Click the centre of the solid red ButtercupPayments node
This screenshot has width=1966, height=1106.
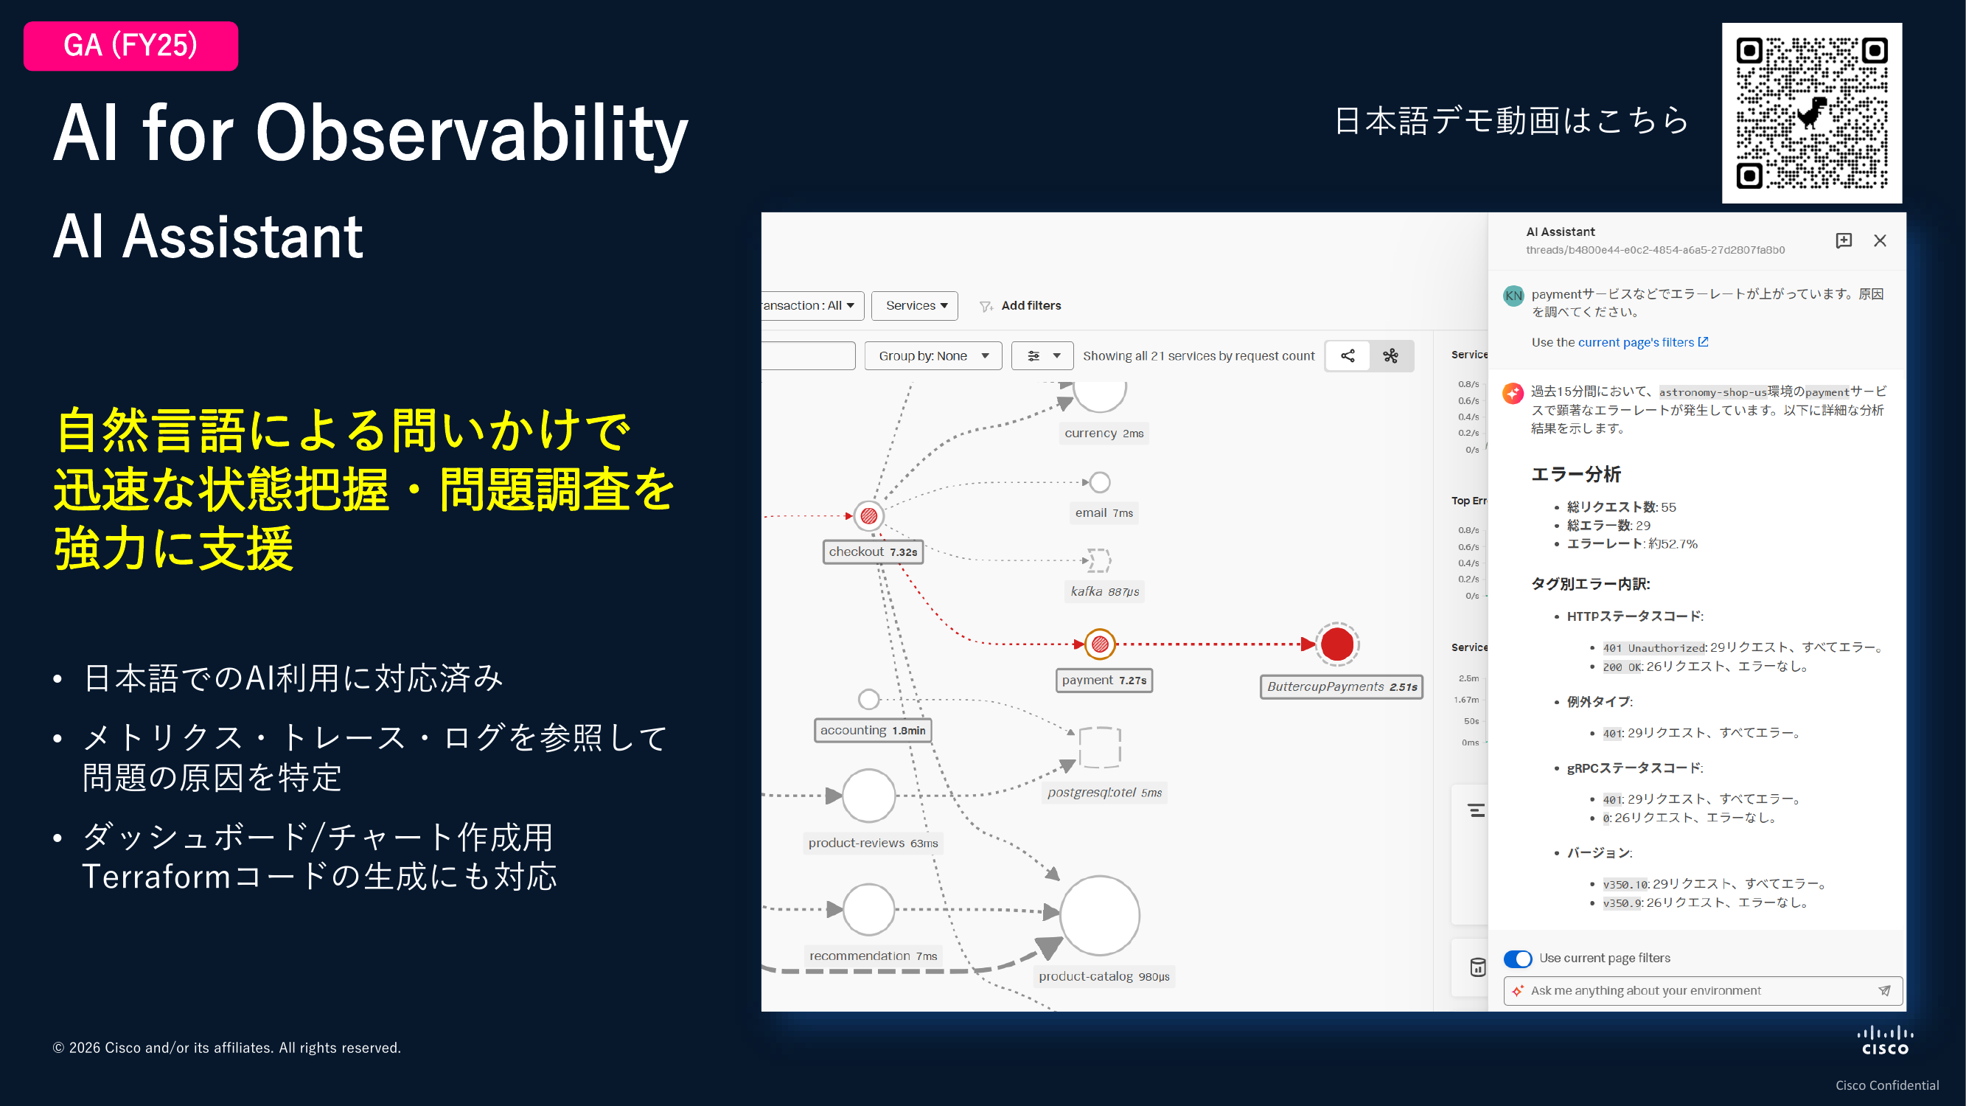1337,644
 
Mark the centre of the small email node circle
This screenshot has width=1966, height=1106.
1100,482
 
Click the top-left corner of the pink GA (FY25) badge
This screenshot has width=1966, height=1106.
24,22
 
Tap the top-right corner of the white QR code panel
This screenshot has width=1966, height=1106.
1902,24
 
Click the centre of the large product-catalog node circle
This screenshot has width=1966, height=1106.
1100,915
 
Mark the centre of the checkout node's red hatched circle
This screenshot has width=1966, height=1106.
868,516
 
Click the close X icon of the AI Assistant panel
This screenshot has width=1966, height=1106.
1880,241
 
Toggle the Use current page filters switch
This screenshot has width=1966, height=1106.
1517,959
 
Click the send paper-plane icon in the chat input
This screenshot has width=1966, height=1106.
1884,991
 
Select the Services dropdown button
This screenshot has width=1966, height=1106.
914,305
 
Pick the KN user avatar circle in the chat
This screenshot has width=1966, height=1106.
1513,296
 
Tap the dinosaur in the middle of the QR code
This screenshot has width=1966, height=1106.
1812,113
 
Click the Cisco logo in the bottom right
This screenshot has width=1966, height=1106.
1885,1041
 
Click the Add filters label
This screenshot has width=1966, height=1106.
1031,305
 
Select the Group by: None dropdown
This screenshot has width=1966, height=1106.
933,355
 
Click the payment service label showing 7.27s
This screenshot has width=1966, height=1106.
1104,680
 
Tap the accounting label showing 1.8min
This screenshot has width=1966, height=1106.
872,731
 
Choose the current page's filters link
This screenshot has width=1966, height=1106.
1642,343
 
